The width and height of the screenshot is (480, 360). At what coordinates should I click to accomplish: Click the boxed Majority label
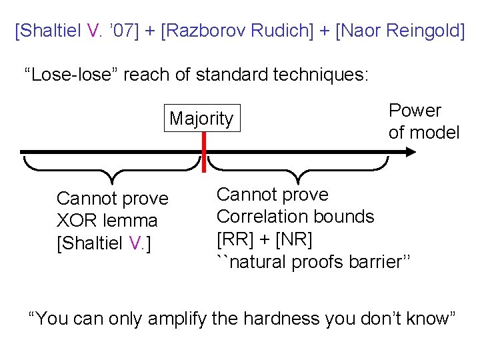click(201, 119)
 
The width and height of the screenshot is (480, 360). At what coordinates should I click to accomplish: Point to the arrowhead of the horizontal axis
click(409, 151)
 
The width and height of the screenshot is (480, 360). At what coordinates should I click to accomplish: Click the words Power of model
click(423, 121)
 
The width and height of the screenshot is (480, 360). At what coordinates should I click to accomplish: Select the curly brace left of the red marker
click(113, 169)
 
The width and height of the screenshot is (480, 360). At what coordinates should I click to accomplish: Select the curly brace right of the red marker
click(297, 169)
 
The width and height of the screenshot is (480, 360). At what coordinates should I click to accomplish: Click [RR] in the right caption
click(233, 239)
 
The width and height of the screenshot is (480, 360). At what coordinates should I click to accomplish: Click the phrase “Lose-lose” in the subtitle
click(68, 75)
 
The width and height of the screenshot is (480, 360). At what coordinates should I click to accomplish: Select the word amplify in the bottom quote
click(177, 319)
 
